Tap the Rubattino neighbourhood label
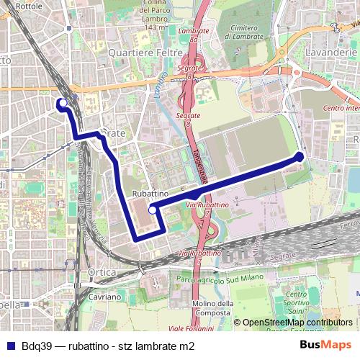(150, 194)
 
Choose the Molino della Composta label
(213, 307)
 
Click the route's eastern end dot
(300, 156)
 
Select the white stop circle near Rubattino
(152, 210)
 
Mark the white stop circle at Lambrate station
(63, 103)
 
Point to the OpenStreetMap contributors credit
(297, 323)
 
